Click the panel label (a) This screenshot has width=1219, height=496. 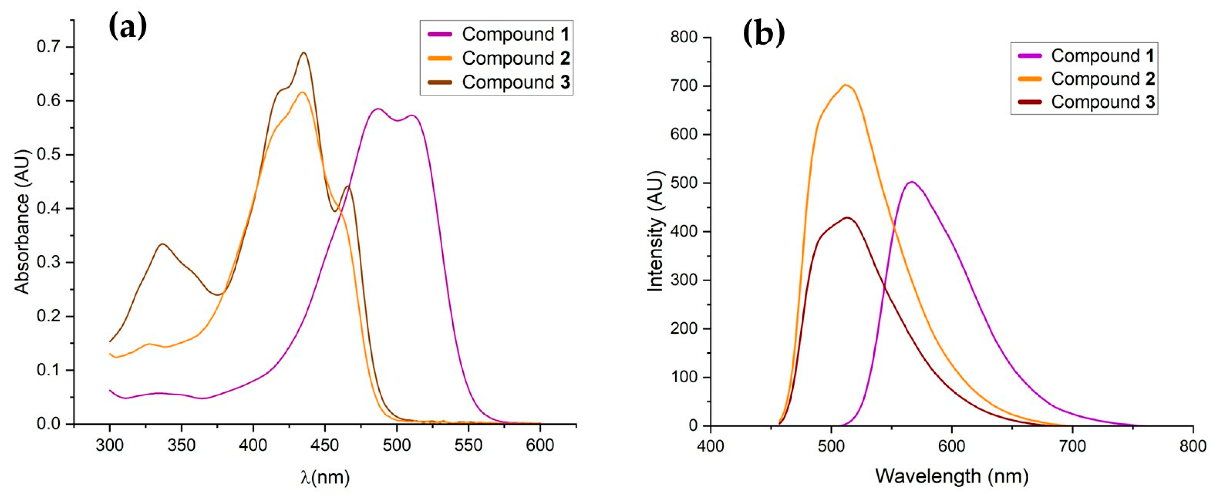(x=127, y=27)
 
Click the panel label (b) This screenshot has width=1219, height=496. (x=763, y=33)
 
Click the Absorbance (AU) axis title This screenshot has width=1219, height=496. (x=22, y=221)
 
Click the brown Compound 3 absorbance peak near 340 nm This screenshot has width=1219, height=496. (x=163, y=244)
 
